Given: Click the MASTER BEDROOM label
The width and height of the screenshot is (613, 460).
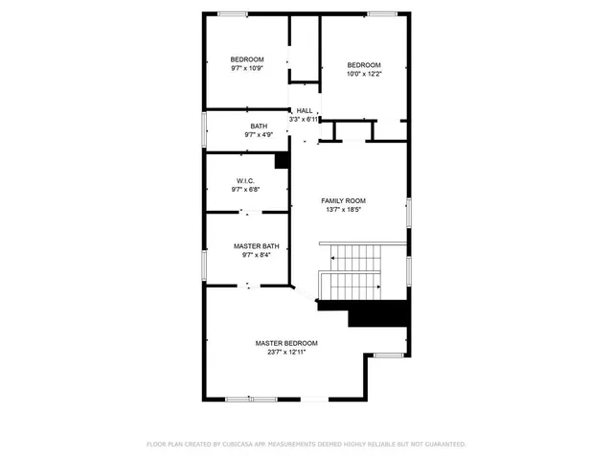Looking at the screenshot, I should [286, 343].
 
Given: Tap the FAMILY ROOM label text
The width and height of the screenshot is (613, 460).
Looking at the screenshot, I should [343, 200].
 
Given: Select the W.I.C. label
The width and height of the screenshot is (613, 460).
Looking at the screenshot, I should [244, 181].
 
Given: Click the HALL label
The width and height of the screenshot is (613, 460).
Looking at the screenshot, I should [304, 110].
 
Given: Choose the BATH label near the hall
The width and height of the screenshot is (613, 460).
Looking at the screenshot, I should [259, 126].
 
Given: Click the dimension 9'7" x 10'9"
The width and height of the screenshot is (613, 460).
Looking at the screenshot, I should [247, 68].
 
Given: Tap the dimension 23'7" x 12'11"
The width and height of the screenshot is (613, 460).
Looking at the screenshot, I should [286, 352].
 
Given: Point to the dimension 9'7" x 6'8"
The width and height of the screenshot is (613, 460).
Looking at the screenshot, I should [244, 190].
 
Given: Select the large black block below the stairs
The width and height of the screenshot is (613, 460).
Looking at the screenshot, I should [378, 313].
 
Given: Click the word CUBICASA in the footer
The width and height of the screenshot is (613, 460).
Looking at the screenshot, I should [234, 445].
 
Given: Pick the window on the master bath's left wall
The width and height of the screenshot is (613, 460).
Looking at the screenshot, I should [203, 263].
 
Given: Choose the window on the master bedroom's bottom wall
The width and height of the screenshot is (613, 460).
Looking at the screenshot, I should [251, 400].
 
